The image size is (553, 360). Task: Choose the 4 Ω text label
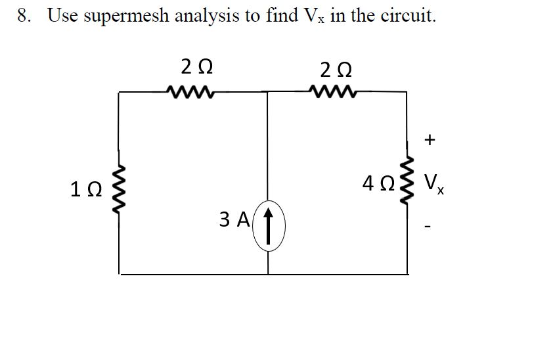(x=377, y=182)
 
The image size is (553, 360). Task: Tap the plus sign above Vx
(x=430, y=139)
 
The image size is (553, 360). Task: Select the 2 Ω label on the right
(x=336, y=68)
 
